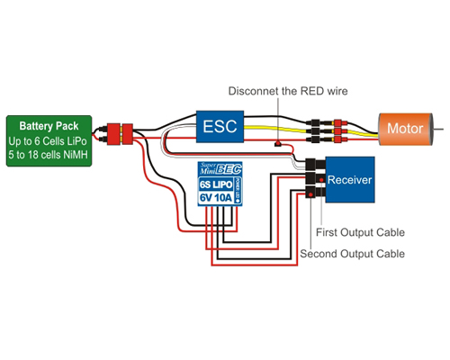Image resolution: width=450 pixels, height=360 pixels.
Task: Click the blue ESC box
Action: click(220, 126)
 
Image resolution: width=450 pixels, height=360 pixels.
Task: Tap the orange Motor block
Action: click(405, 129)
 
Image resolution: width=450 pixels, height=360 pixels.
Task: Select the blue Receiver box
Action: click(350, 179)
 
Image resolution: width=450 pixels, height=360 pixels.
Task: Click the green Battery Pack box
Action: click(49, 140)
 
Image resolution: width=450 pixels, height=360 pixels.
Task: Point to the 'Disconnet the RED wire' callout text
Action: click(288, 91)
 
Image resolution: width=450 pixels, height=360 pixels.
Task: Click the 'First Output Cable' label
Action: click(360, 232)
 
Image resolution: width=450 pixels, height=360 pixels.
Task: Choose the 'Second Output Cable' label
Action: click(353, 254)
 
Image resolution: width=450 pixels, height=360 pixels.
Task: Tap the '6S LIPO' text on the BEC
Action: click(216, 184)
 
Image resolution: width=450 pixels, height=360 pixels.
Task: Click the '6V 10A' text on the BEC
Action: click(216, 198)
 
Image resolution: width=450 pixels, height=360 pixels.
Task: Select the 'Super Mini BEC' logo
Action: click(220, 169)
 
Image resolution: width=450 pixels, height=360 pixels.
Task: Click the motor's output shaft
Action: click(438, 130)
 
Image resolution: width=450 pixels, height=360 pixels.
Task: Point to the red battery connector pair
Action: click(120, 134)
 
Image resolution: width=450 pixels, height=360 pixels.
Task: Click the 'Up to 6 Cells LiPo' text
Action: click(48, 141)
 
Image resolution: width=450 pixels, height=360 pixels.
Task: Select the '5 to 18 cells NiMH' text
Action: click(48, 155)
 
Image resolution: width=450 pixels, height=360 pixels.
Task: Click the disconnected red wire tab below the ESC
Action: click(278, 144)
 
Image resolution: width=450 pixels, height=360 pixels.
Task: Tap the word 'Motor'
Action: click(405, 129)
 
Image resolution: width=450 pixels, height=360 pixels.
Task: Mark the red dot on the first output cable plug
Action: click(321, 179)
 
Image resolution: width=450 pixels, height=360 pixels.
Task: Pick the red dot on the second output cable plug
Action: click(311, 194)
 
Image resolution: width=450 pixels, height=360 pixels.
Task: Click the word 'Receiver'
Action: click(350, 180)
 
